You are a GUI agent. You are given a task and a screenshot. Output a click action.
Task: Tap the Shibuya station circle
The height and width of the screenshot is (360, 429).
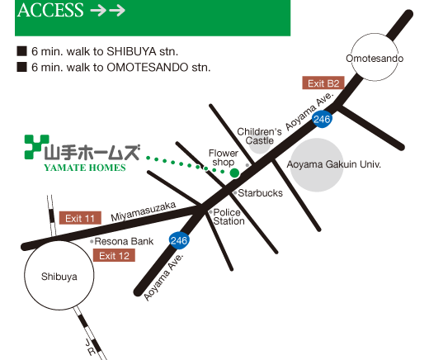(59, 242)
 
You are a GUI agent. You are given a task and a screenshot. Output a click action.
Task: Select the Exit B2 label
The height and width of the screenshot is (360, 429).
(323, 83)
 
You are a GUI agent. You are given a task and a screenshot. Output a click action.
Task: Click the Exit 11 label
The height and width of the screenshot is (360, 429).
(80, 218)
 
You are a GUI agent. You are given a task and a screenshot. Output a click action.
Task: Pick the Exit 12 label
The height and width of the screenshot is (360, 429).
(114, 255)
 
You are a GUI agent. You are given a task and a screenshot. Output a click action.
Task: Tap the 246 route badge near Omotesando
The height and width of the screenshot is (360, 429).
(322, 119)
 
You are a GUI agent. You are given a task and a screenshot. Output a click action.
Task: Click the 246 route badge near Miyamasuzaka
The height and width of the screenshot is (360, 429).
(179, 240)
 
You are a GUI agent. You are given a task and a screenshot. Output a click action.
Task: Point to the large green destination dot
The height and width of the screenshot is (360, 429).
(234, 173)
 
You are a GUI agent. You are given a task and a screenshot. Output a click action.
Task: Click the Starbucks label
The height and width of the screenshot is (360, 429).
(260, 193)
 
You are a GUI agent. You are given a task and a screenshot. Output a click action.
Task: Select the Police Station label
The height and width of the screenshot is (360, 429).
(229, 216)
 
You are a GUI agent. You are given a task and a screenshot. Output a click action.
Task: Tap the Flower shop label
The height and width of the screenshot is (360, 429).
(224, 158)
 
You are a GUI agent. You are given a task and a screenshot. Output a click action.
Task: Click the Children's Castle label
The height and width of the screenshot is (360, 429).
(259, 136)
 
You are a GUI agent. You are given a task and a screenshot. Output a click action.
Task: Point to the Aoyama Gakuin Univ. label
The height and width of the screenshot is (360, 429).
(334, 164)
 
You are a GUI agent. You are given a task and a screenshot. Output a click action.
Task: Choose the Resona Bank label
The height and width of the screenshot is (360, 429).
(124, 241)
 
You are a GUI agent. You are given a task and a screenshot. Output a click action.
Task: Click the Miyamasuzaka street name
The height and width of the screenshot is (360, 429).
(144, 211)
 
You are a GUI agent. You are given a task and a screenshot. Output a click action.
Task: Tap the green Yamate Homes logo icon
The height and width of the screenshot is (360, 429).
(36, 147)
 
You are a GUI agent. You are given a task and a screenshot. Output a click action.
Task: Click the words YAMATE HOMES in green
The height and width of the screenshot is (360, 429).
(85, 168)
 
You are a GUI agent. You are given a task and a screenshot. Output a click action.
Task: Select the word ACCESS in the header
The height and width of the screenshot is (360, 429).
(50, 10)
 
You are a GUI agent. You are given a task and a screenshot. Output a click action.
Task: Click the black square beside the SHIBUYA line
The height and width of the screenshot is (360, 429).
(21, 51)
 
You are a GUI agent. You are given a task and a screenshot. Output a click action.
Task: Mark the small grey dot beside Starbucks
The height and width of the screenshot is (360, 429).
(235, 193)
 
